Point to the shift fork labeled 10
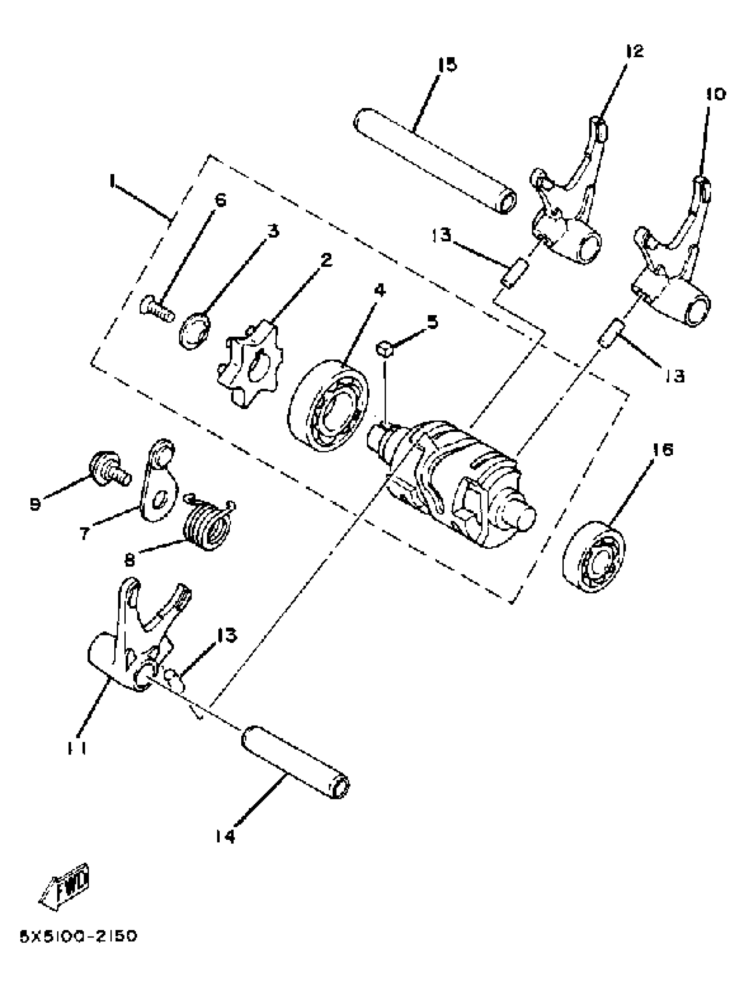[672, 269]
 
